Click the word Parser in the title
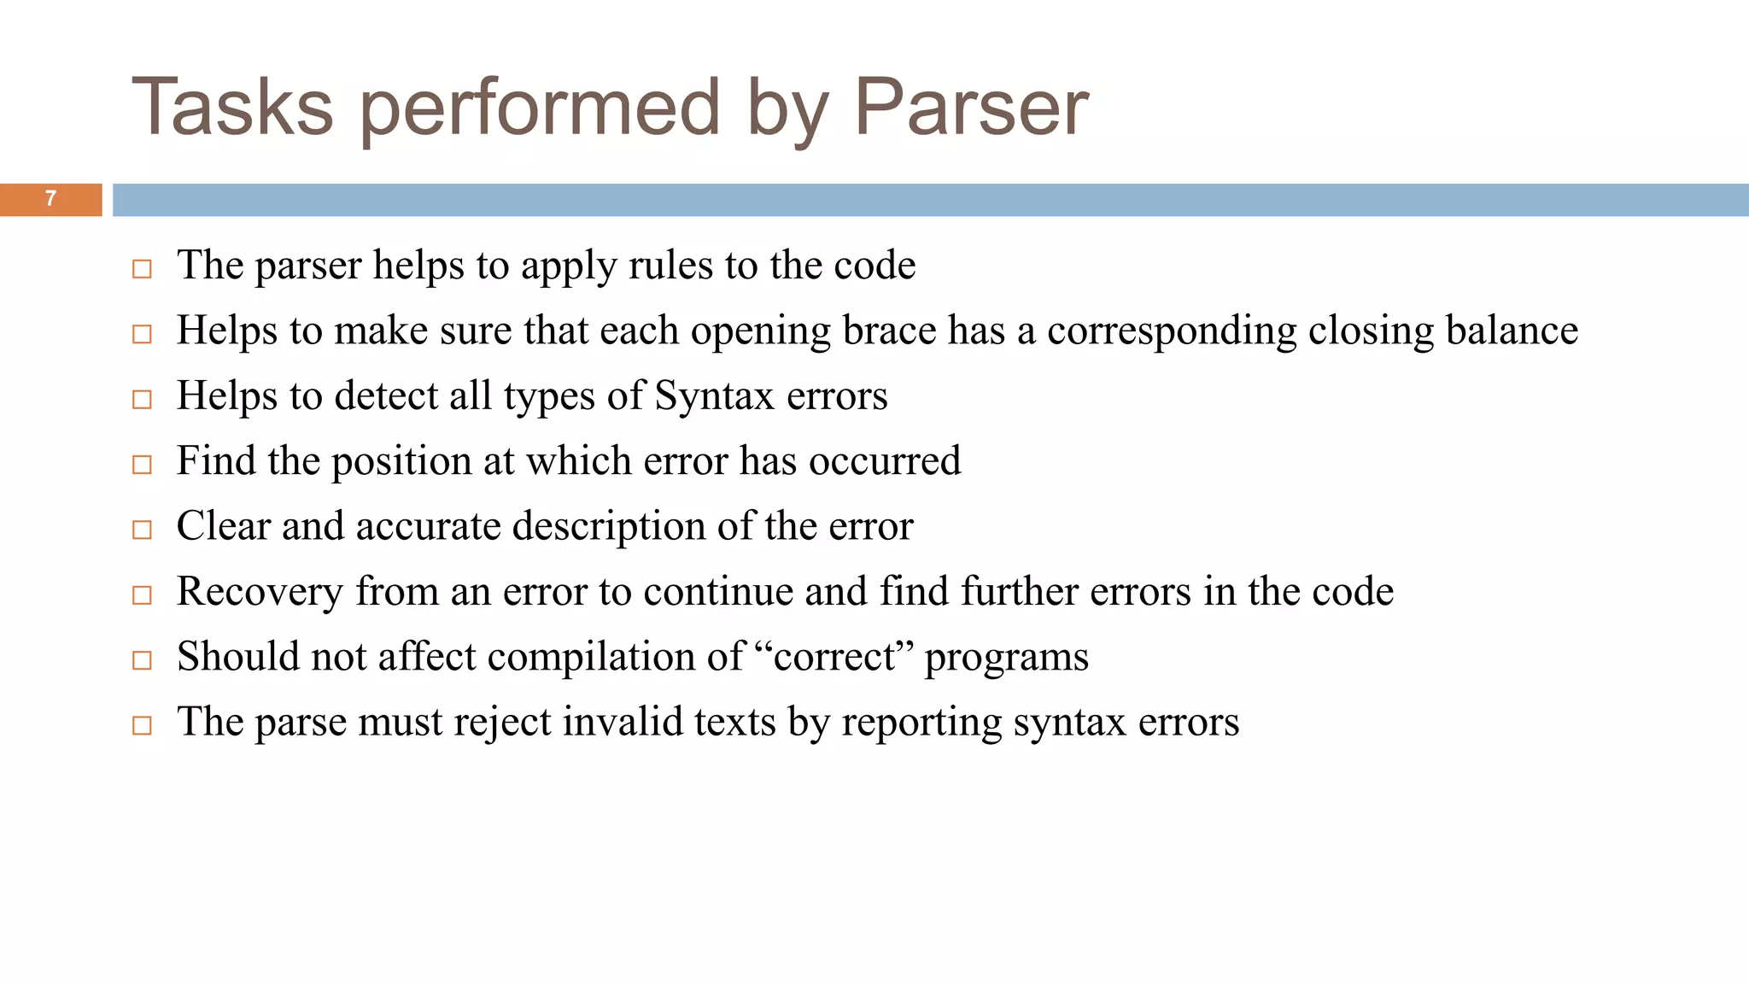(x=971, y=108)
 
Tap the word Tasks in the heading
(x=232, y=108)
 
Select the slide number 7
(x=50, y=199)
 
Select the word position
(x=401, y=462)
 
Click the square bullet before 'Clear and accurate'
(x=143, y=530)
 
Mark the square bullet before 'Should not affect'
(x=143, y=661)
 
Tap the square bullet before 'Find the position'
(x=143, y=466)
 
